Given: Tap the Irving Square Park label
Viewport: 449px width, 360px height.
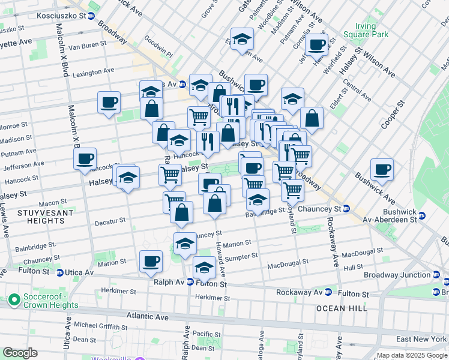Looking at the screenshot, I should click(373, 31).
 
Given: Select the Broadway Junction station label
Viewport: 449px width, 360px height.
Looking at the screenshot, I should click(397, 275).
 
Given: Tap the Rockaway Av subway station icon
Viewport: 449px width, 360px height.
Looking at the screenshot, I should click(328, 293).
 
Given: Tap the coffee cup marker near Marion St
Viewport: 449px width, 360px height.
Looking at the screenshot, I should click(151, 261).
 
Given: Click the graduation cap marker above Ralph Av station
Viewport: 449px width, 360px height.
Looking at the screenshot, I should click(204, 267).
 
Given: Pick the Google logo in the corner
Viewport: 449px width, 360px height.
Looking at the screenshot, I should click(20, 353).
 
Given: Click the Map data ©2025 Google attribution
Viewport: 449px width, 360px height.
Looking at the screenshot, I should click(412, 355).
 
